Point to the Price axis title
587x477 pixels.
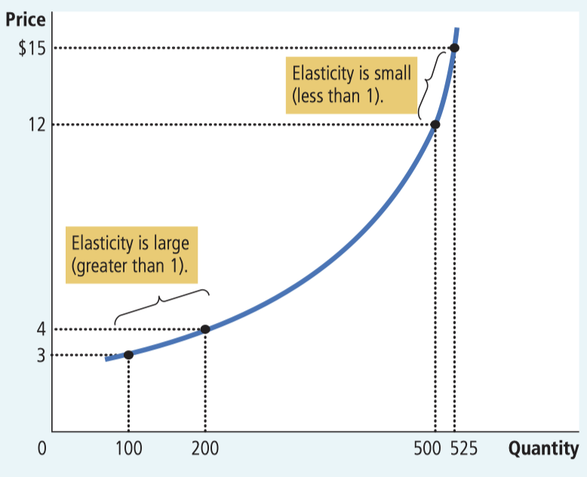tap(26, 20)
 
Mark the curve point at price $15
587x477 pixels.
tap(454, 48)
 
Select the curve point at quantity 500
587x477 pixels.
tap(435, 125)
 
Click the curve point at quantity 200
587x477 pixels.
tap(204, 329)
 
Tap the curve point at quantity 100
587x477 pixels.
tap(128, 355)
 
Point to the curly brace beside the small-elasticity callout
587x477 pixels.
tap(427, 85)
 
